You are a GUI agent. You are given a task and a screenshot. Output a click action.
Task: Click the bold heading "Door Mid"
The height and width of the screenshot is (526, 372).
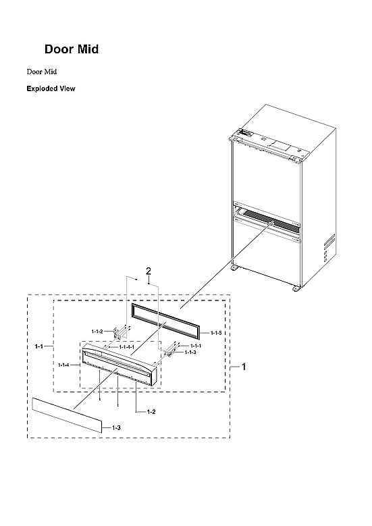click(x=72, y=49)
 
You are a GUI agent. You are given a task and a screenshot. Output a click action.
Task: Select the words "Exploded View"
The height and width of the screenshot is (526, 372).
click(x=51, y=88)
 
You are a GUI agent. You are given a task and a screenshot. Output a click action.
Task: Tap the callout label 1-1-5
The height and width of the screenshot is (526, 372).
click(x=216, y=334)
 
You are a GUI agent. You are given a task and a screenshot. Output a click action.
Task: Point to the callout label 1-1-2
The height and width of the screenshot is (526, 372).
click(x=98, y=332)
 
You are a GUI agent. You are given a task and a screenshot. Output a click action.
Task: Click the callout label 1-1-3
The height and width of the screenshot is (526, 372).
click(x=190, y=352)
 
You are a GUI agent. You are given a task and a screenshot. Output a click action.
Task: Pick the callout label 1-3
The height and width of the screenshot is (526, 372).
click(x=116, y=428)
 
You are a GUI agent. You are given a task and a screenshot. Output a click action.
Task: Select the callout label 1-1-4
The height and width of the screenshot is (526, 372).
click(x=64, y=365)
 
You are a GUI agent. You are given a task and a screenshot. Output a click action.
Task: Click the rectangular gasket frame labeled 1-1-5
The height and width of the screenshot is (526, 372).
click(x=166, y=319)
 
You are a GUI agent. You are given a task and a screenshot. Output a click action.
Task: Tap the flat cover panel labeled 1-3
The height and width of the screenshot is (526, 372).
click(x=67, y=414)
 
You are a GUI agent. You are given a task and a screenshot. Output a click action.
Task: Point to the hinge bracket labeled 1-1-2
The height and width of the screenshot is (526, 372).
click(x=119, y=333)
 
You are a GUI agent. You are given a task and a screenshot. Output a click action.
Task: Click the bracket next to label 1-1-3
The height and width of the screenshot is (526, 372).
click(x=169, y=349)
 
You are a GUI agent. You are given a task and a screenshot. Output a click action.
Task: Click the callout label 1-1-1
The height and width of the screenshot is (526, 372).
click(x=190, y=346)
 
